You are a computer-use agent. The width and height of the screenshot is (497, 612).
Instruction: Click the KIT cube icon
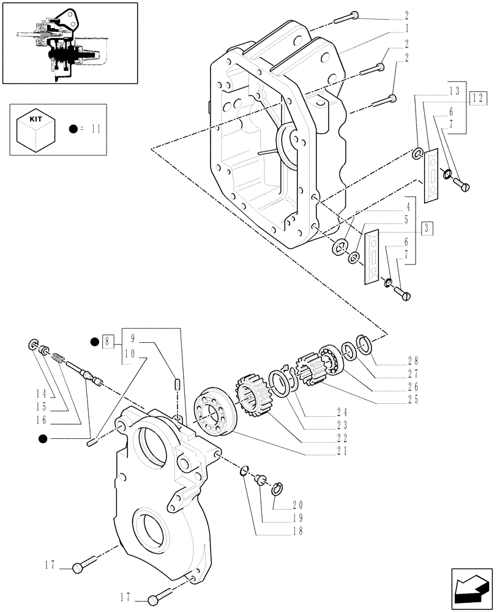pos(34,130)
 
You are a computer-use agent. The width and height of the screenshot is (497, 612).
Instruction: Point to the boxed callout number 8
pos(108,341)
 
